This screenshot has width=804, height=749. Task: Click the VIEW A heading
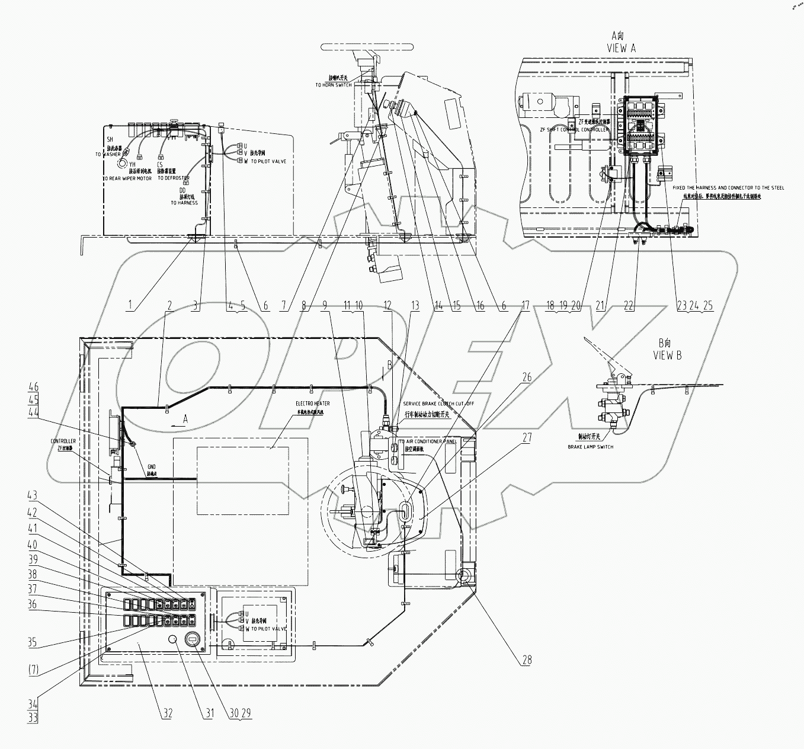point(621,49)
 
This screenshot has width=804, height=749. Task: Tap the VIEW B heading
point(666,356)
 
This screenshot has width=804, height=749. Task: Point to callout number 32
point(167,713)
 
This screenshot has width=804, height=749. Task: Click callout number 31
point(208,713)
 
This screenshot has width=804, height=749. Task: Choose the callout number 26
point(527,377)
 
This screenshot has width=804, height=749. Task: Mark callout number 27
point(527,438)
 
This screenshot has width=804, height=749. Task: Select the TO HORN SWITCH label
point(333,85)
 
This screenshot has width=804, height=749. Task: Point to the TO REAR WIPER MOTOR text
point(127,178)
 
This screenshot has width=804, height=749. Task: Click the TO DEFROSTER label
point(174,178)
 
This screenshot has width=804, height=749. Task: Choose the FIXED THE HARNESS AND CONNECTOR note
point(728,188)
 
